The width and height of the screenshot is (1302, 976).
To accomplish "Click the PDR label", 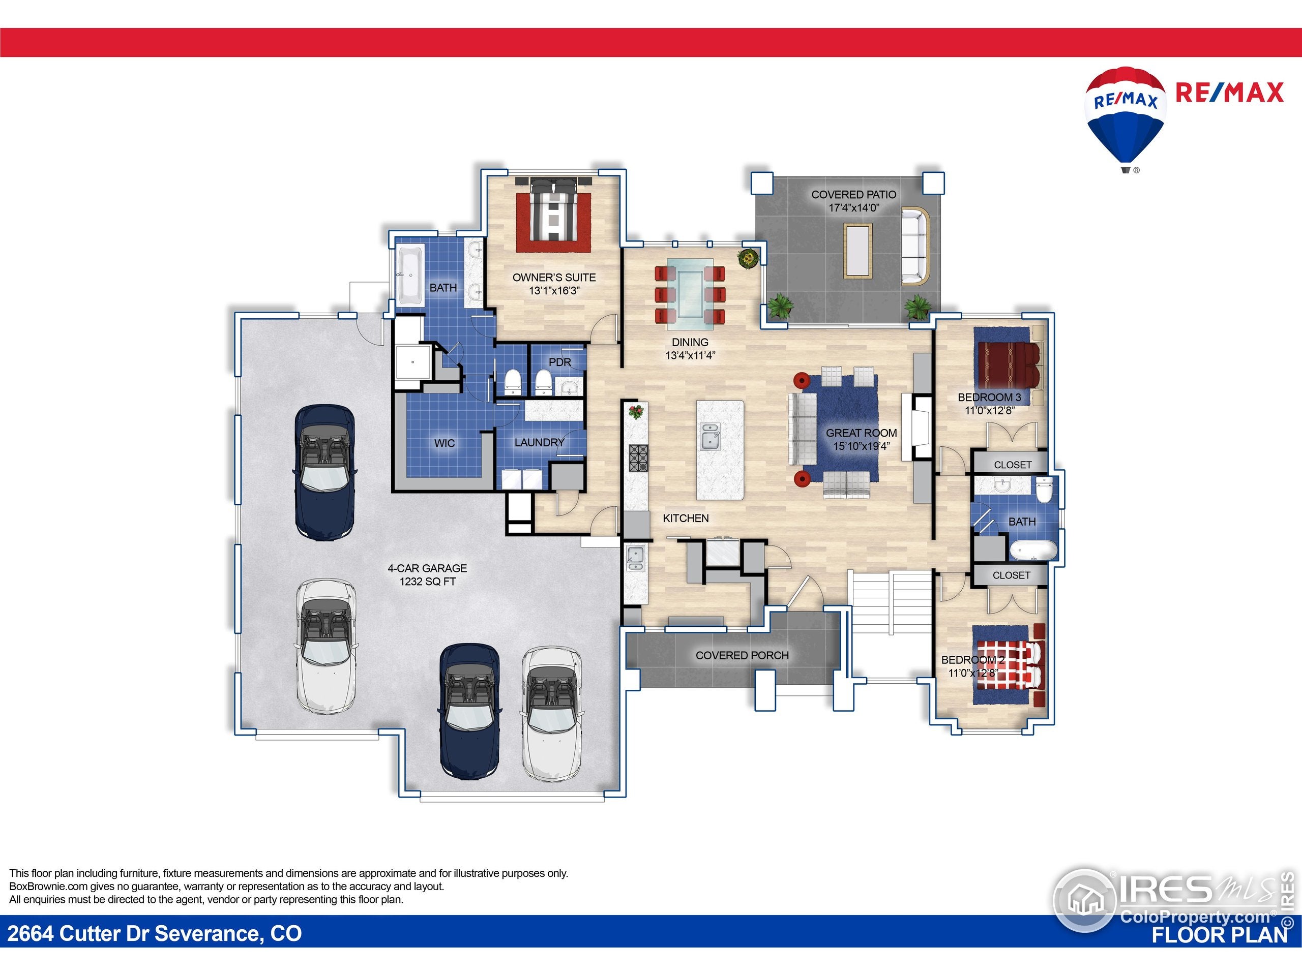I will point(560,362).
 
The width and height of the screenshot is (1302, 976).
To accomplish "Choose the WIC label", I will point(445,443).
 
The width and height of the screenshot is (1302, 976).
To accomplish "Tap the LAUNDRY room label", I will point(539,442).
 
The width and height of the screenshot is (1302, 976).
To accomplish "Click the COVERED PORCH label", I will point(742,655).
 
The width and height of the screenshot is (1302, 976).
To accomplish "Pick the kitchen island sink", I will point(711,437).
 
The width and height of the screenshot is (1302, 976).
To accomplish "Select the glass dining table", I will point(690,292).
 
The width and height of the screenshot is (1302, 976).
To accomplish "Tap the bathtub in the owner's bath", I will point(409,276).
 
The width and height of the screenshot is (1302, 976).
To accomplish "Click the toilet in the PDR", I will point(543,382).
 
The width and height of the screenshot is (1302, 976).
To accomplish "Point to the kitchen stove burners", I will point(639,457).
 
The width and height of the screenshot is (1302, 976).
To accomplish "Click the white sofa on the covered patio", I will point(914,246).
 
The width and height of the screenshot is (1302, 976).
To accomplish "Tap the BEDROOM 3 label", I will point(989,398).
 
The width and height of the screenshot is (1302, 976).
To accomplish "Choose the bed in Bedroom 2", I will point(1008,665).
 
